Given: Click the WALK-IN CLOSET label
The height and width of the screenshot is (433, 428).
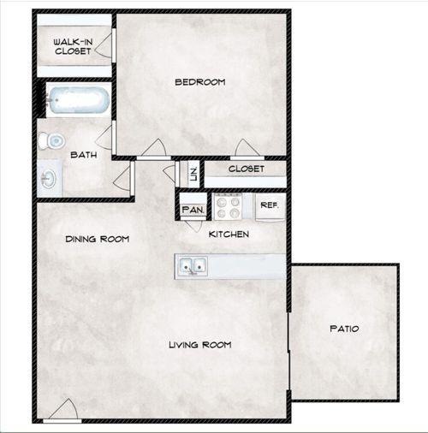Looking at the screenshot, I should tap(72, 45).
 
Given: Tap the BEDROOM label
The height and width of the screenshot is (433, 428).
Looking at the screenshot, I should tap(199, 82).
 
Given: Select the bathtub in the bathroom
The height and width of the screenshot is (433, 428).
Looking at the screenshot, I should tap(76, 101).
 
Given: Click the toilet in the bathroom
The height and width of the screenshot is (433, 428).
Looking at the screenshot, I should tap(56, 139).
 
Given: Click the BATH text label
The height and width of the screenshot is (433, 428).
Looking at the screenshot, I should tap(83, 155).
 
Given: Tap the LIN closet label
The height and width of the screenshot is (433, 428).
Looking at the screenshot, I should tap(193, 174).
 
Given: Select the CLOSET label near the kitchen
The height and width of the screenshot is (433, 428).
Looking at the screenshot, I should tap(247, 169).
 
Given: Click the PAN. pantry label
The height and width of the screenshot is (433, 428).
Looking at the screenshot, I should tap(190, 208).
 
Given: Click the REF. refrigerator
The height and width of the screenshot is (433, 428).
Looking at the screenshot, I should tap(269, 206).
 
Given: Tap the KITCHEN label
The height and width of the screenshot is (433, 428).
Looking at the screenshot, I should tap(229, 234).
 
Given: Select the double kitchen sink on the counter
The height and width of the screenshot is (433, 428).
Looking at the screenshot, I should tap(192, 267).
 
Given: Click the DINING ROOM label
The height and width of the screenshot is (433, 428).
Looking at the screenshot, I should tap(97, 240).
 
